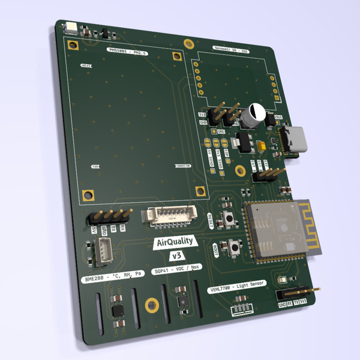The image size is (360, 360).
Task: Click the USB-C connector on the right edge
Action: pos(295,140)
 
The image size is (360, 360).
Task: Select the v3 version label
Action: pos(177,256)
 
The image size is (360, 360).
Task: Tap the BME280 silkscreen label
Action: pos(112,276)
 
